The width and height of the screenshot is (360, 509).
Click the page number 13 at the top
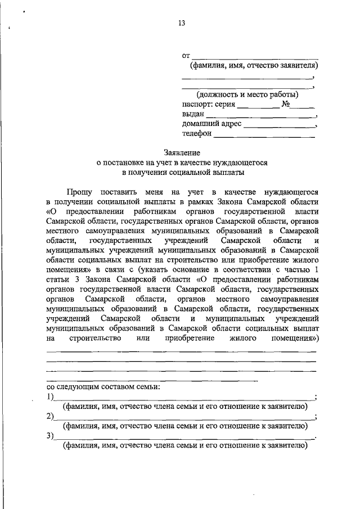tap(181, 23)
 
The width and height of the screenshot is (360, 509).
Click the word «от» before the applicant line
tap(186, 56)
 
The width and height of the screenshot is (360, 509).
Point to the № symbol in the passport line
tap(285, 105)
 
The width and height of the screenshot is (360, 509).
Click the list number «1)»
tap(50, 397)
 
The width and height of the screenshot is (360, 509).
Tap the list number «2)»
tap(50, 416)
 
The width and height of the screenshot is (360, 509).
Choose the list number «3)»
tap(50, 436)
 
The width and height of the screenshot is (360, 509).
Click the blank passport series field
tap(258, 106)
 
